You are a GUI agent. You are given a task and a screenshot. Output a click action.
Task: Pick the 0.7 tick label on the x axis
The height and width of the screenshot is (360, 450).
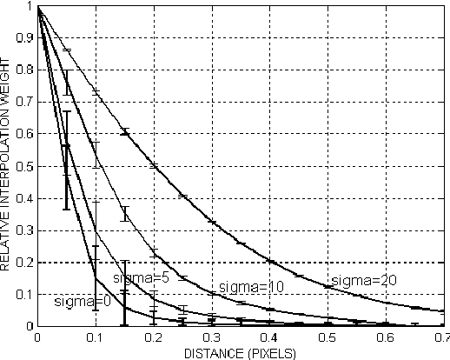[x=441, y=337]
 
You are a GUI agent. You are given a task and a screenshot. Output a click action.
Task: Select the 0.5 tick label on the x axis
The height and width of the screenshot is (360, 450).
[x=327, y=337]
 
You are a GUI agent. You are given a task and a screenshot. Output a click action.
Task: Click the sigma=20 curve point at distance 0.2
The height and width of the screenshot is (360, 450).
[x=154, y=166]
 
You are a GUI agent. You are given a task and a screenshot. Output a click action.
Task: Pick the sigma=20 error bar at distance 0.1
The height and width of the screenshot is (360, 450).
[x=96, y=92]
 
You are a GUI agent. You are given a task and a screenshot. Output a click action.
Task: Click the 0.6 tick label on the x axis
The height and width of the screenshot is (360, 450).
[x=384, y=337]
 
